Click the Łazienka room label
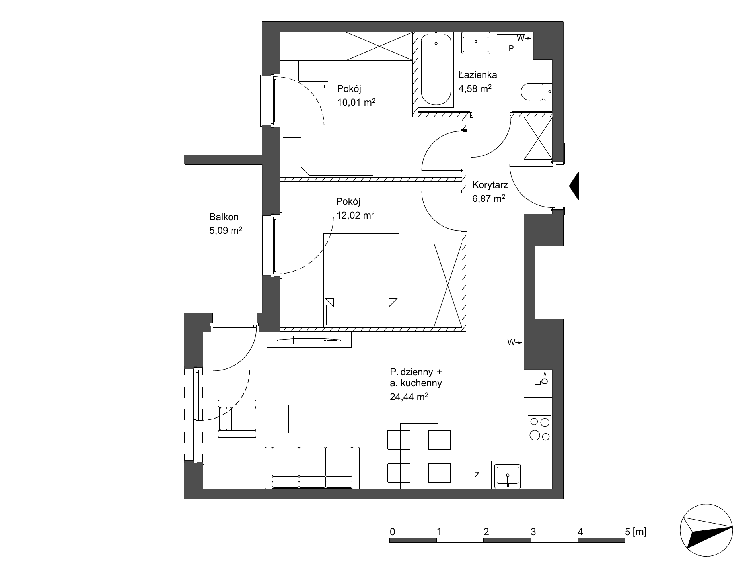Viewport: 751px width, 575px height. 477,74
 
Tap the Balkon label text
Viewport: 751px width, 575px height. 224,217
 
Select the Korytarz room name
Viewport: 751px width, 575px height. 490,185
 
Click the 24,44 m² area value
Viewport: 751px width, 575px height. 409,396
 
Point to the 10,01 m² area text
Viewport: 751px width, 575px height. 356,102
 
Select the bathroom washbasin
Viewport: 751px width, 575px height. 476,43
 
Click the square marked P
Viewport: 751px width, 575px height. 511,48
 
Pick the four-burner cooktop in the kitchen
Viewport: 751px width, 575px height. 539,429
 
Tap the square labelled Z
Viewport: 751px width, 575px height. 477,475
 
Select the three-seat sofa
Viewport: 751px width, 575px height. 312,467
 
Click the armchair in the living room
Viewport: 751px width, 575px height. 237,419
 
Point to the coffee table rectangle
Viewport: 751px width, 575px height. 312,419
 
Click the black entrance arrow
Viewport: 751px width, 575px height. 574,186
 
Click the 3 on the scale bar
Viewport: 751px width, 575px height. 533,531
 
